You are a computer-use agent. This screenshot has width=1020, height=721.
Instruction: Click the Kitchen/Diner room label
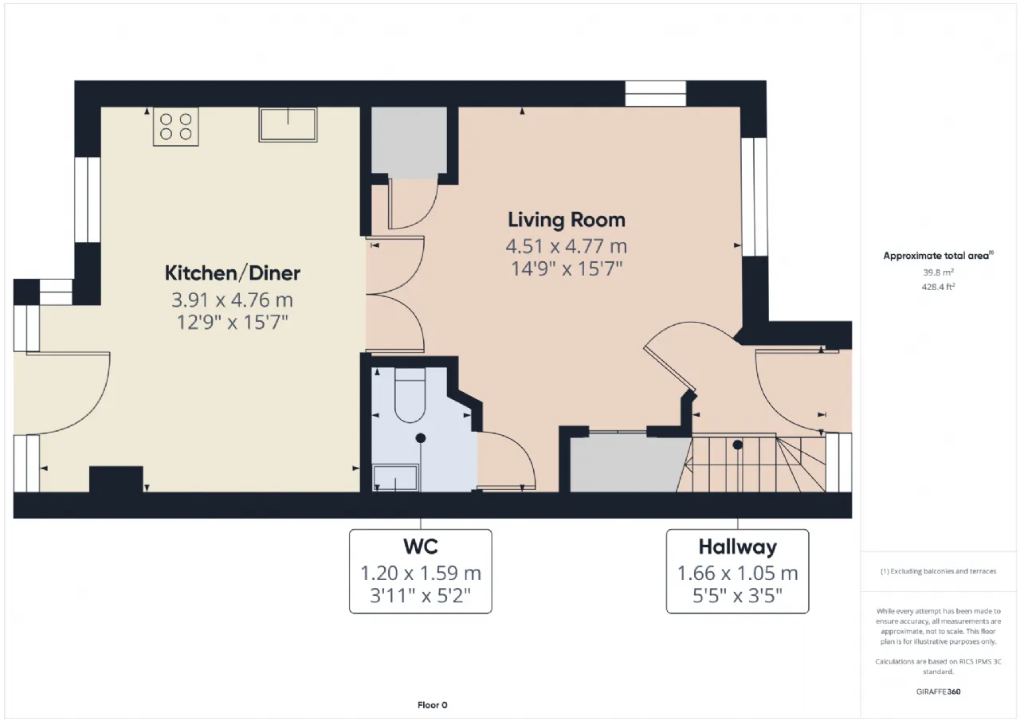[232, 273]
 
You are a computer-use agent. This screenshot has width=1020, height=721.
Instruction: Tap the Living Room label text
[567, 220]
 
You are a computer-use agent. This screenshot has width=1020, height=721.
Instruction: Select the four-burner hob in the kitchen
[176, 127]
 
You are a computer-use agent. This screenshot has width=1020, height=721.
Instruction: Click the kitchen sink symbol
[288, 124]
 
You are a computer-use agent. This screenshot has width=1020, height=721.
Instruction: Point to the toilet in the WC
[410, 395]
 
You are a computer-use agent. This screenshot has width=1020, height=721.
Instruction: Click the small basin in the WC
[395, 477]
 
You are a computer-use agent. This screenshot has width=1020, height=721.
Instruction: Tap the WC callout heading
[420, 547]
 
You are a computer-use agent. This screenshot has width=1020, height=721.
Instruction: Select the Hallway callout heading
[738, 547]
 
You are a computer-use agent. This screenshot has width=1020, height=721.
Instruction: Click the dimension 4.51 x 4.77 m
[567, 246]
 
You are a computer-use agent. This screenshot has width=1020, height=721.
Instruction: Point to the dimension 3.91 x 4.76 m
[232, 300]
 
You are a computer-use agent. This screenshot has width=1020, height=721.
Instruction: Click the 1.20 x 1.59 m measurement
[420, 573]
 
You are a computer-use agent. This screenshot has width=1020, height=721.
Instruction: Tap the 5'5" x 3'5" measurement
[738, 595]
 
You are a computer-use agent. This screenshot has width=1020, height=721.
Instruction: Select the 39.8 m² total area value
[938, 272]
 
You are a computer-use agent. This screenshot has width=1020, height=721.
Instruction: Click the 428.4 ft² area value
[938, 287]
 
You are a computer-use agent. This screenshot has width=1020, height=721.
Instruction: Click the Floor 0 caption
[432, 705]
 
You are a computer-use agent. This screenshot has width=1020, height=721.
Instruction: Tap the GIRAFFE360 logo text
[938, 692]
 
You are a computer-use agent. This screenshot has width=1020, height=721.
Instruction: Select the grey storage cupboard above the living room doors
[409, 139]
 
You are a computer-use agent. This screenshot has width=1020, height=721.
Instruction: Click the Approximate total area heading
[938, 256]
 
